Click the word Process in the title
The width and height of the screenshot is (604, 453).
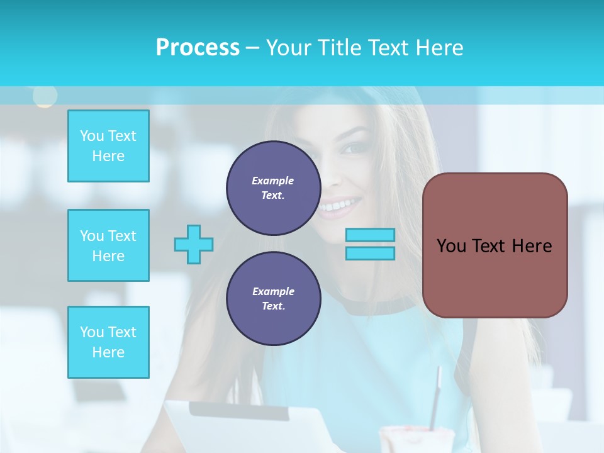198,47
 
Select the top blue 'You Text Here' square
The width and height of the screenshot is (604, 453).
108,146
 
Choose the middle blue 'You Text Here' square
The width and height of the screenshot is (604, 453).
108,245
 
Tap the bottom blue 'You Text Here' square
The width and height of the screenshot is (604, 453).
108,342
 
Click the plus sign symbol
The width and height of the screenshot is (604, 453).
194,244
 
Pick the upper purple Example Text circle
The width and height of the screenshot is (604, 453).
273,188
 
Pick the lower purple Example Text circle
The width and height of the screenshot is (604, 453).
273,298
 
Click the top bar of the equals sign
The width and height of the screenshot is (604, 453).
370,235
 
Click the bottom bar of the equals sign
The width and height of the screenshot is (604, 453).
370,254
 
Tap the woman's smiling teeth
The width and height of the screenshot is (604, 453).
340,205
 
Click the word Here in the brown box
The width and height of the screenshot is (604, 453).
532,246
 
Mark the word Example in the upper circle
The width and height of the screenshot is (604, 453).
273,181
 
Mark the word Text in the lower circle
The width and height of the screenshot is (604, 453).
272,306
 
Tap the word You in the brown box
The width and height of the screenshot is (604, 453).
451,246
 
